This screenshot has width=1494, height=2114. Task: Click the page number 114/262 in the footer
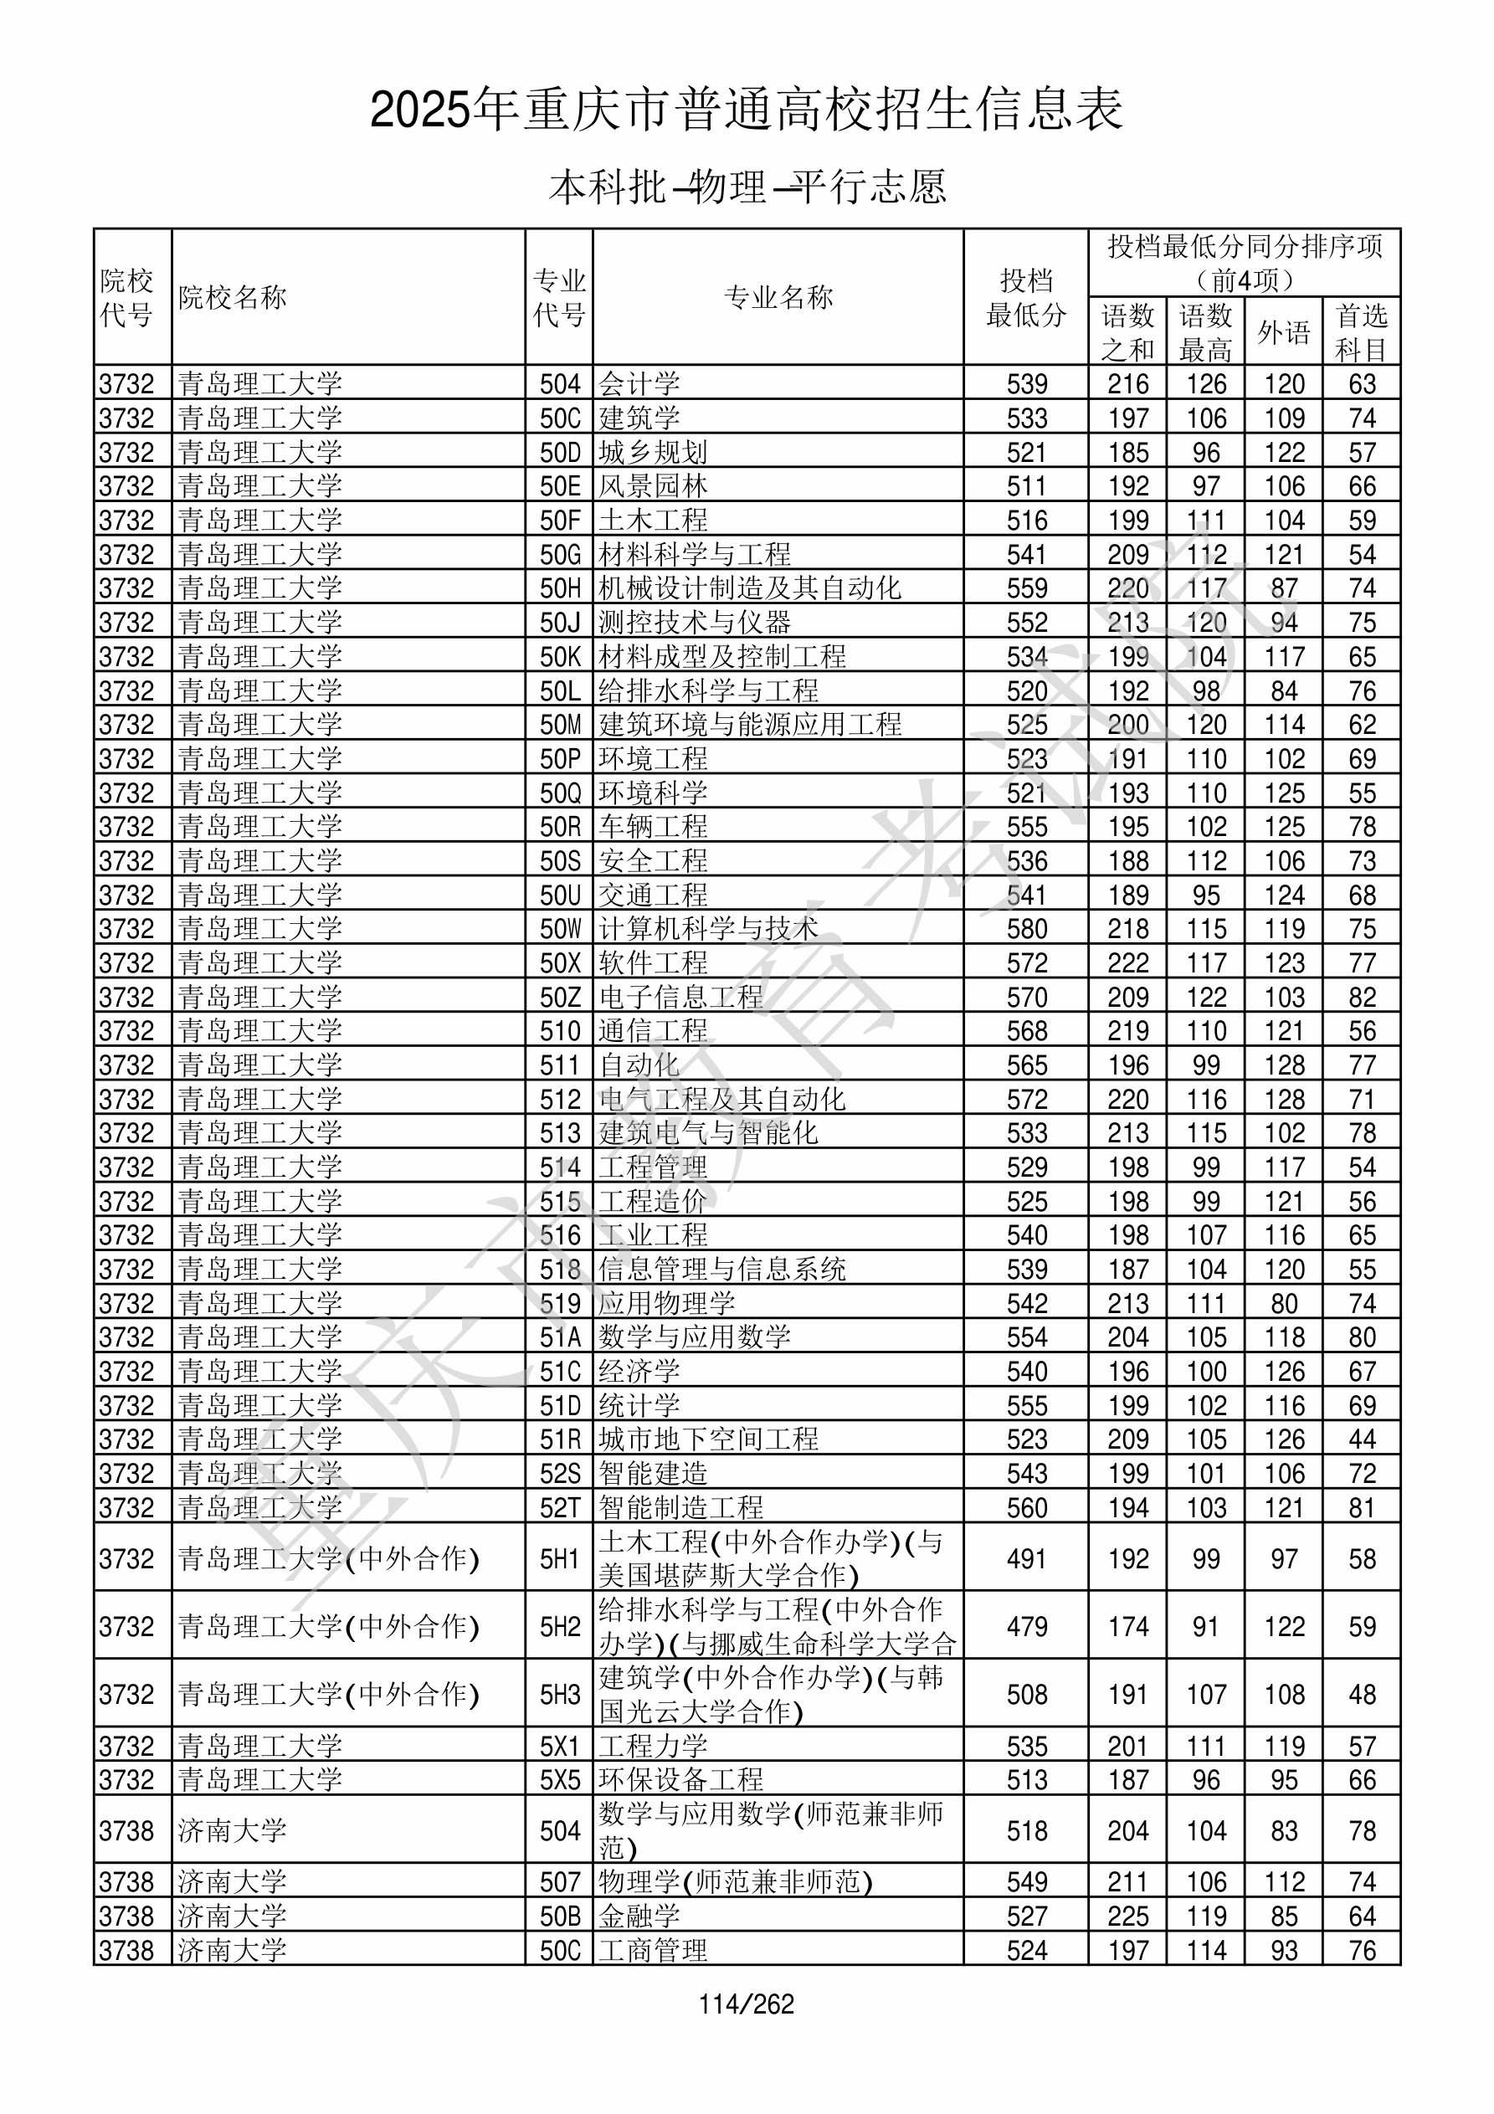pos(746,2004)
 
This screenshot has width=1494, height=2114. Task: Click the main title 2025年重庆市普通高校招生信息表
pos(746,110)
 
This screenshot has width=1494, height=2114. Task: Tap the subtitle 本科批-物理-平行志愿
pos(746,187)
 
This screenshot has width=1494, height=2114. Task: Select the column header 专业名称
pos(778,297)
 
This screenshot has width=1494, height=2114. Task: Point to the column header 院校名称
pos(233,297)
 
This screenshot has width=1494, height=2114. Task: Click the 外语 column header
pos(1284,332)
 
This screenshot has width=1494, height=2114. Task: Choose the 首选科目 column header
pos(1362,332)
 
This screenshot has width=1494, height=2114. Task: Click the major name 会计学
pos(639,383)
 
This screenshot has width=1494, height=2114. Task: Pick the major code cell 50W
pos(560,928)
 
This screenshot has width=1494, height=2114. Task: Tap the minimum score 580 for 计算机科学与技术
pos(1026,928)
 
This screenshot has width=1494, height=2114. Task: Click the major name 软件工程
pos(653,962)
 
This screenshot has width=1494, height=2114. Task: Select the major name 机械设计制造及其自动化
pos(749,588)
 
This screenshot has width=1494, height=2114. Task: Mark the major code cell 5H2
pos(560,1627)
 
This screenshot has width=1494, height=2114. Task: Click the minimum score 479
pos(1026,1627)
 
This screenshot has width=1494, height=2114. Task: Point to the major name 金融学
pos(639,1916)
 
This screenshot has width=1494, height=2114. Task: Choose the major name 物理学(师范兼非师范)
pos(735,1882)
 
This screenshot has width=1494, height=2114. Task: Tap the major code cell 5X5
pos(560,1780)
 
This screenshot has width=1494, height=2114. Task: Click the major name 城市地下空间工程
pos(708,1439)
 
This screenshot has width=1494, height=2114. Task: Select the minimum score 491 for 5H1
pos(1026,1559)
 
